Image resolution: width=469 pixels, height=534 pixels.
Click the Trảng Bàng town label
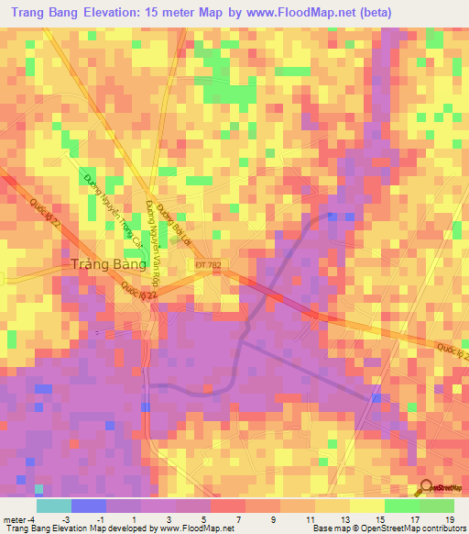pyautogui.click(x=107, y=264)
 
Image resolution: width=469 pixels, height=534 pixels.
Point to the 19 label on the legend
pyautogui.click(x=449, y=518)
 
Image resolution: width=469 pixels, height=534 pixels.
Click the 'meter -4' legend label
pyautogui.click(x=19, y=518)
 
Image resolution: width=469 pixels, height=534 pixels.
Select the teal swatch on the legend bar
pyautogui.click(x=53, y=506)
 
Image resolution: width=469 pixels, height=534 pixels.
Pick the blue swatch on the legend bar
pyautogui.click(x=88, y=506)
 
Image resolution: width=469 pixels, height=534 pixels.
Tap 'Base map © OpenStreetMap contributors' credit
pyautogui.click(x=387, y=528)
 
